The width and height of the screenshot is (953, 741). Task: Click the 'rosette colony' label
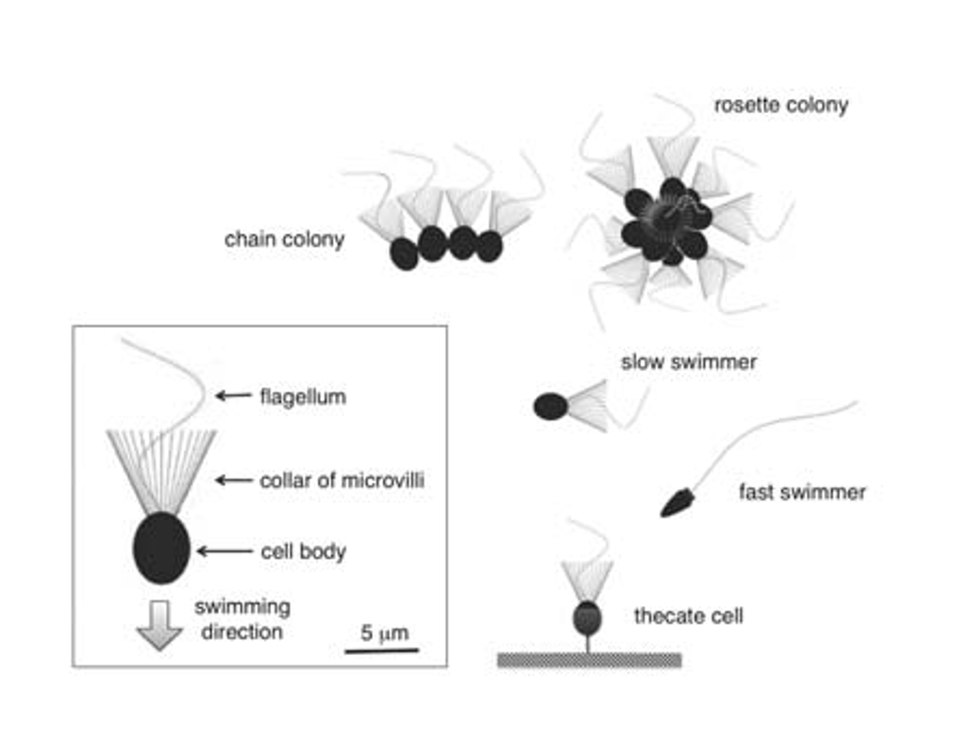(779, 105)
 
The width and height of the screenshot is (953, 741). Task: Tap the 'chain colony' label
(284, 240)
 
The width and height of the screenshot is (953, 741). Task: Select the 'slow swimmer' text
(689, 362)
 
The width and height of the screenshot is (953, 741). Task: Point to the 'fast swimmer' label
(802, 492)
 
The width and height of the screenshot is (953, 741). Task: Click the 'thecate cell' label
(688, 616)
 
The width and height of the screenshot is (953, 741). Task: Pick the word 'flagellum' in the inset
(302, 396)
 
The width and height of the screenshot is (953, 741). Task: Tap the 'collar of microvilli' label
(342, 480)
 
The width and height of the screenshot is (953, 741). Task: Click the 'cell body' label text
(302, 551)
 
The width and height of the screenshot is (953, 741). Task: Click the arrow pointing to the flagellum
(232, 396)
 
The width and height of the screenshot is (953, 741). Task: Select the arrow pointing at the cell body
(224, 550)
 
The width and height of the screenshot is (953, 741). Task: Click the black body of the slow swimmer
(551, 407)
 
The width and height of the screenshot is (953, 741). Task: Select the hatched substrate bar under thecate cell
(589, 660)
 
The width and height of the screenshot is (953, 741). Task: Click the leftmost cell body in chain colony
(405, 253)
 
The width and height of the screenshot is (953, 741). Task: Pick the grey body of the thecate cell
(587, 618)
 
